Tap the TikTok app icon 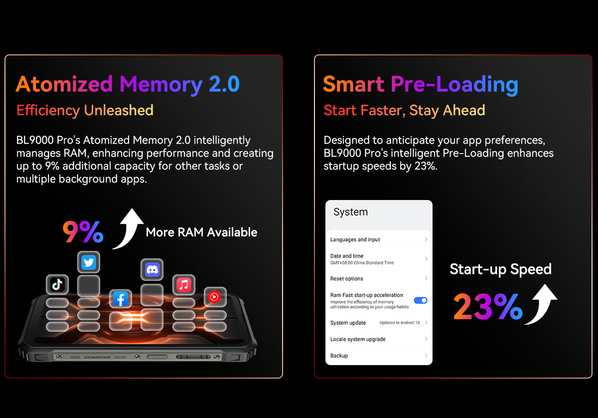tap(57, 284)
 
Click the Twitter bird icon tap(89, 262)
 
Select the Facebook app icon tap(121, 299)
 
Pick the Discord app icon tap(152, 269)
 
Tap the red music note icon tap(184, 285)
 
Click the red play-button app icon tap(215, 297)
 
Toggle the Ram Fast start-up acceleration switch tap(421, 300)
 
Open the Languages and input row tap(379, 239)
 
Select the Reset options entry tap(379, 278)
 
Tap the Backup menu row tap(379, 356)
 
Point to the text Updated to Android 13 tap(400, 323)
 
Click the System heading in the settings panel tap(350, 212)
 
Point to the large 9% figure tap(83, 231)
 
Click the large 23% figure tap(488, 306)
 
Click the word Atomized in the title tap(64, 84)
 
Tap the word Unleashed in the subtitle tap(119, 110)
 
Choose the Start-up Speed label tap(500, 269)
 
